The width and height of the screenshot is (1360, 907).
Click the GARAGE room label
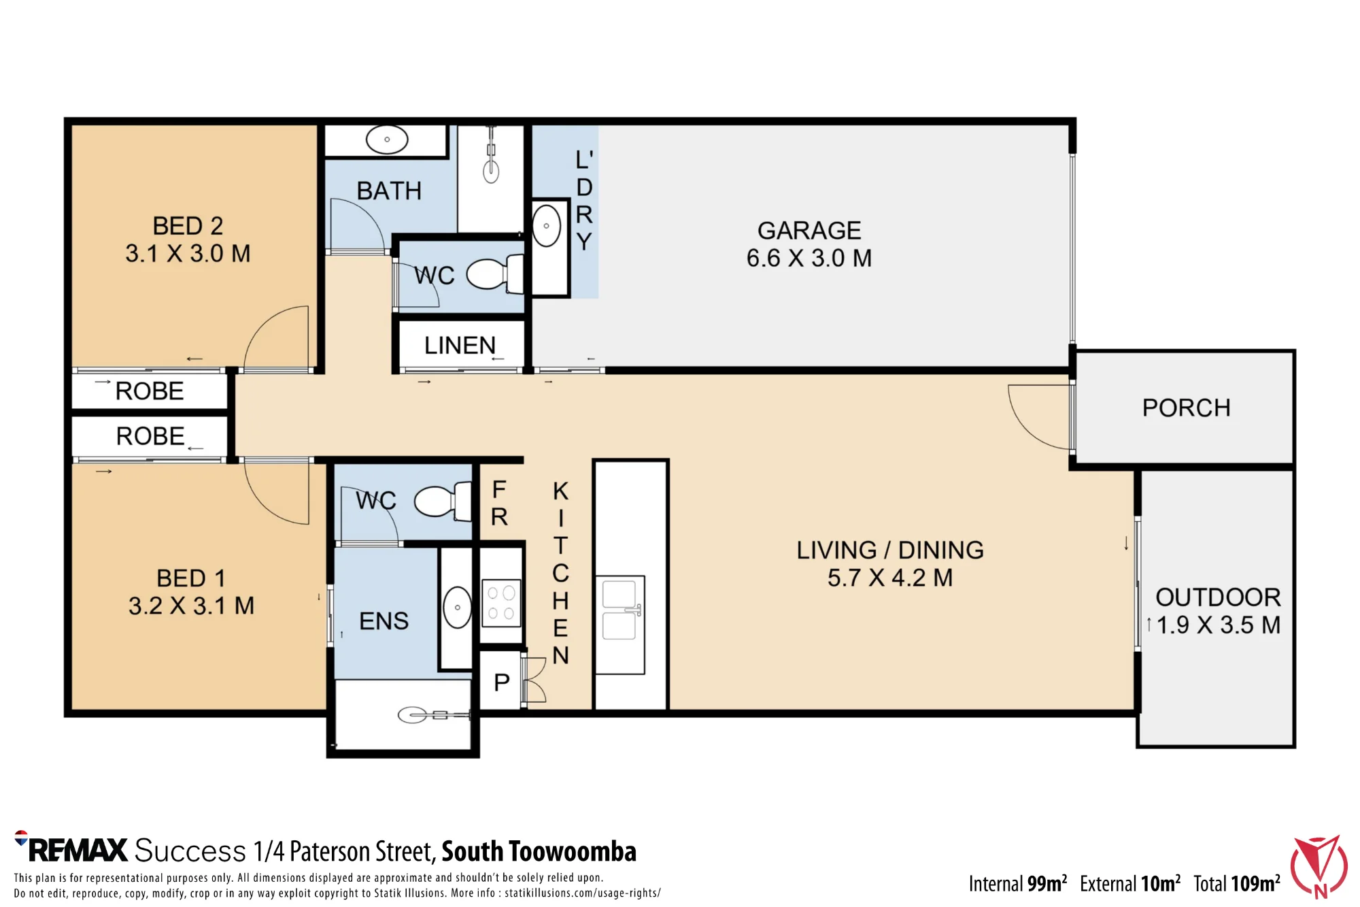(x=809, y=231)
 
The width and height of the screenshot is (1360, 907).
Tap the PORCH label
(x=1186, y=408)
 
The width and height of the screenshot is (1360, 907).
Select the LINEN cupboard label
(x=460, y=346)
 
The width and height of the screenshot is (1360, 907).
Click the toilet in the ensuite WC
(x=443, y=501)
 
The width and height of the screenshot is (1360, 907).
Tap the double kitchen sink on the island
(x=620, y=608)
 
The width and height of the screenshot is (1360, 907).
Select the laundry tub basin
(x=546, y=226)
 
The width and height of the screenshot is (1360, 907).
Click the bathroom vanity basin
(x=387, y=139)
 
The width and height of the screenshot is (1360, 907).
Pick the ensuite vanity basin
(x=457, y=607)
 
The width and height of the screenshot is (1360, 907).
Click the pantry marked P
(x=502, y=682)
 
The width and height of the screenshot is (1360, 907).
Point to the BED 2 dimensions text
(x=188, y=254)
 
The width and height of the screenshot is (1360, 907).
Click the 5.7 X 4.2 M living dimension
(x=889, y=578)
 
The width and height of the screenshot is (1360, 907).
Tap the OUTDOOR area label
(x=1218, y=597)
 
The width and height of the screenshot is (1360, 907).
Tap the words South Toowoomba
(x=539, y=851)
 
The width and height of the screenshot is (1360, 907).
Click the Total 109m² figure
(x=1237, y=883)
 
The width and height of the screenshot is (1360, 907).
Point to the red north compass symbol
(x=1319, y=867)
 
